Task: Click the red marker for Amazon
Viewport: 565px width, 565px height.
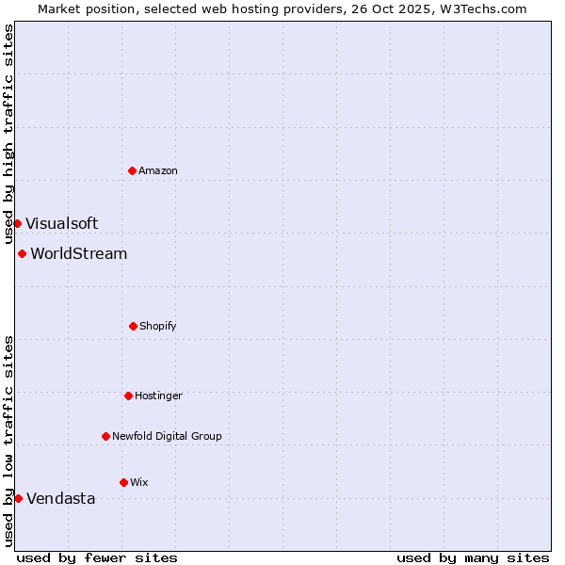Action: click(x=133, y=170)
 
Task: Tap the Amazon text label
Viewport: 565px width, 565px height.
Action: click(x=158, y=171)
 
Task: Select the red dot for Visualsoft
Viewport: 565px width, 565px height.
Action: click(x=17, y=223)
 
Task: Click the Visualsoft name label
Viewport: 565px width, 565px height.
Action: click(x=61, y=224)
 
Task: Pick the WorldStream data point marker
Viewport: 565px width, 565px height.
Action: click(x=22, y=253)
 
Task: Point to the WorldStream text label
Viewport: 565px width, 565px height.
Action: click(x=79, y=254)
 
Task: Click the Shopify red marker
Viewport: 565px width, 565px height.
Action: click(x=133, y=326)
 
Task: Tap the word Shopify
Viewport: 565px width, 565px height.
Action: click(x=158, y=327)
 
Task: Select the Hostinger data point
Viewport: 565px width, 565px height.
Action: click(x=128, y=395)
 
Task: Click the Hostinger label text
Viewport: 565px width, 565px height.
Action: click(x=158, y=396)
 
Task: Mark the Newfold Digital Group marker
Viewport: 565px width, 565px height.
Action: click(x=105, y=436)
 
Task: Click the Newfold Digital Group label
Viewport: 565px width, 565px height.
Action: click(x=167, y=437)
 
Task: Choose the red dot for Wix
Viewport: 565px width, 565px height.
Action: click(x=123, y=482)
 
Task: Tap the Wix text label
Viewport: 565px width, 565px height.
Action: click(x=139, y=483)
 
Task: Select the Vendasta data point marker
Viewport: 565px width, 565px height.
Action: click(x=18, y=498)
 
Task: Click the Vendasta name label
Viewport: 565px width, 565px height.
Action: click(x=61, y=499)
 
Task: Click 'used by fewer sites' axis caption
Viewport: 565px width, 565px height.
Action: click(x=97, y=558)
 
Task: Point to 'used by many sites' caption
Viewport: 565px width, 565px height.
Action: click(x=473, y=558)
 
